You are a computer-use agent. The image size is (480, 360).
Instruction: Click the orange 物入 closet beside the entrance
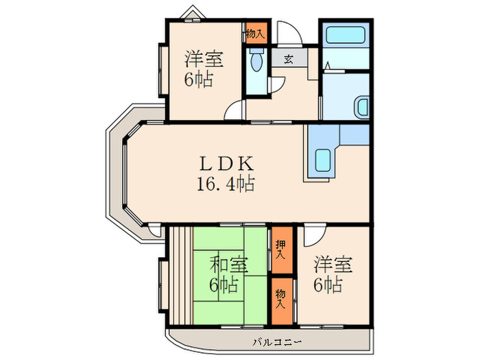pos(257,32)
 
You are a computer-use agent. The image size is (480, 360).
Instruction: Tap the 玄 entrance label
pos(288,58)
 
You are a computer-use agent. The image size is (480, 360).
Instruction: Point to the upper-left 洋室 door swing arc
pos(235,110)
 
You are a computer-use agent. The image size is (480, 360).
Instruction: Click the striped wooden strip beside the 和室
pos(180,274)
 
